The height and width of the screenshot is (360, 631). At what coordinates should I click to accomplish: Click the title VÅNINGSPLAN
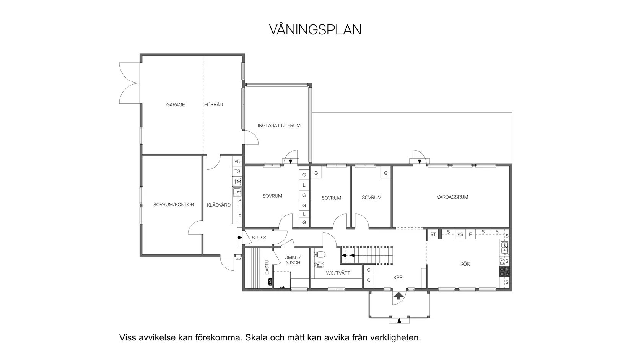(315, 30)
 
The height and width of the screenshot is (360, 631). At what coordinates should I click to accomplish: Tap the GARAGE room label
(176, 105)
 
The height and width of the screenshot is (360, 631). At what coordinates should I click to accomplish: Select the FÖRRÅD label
(213, 104)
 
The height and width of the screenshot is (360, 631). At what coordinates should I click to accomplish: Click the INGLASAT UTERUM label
(279, 125)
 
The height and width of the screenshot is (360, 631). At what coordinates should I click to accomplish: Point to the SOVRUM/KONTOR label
(174, 205)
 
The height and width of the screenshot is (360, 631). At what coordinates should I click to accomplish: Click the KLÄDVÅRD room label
(219, 205)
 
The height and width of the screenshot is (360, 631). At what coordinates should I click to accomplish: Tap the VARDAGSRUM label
(452, 197)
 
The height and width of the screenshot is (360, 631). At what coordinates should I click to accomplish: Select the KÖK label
(465, 264)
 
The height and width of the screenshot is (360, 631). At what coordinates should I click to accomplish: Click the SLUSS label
(259, 238)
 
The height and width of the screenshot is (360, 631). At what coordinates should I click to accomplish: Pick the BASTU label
(267, 267)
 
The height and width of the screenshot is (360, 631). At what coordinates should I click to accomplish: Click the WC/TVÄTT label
(338, 273)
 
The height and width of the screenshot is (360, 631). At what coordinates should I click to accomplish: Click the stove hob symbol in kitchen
(504, 272)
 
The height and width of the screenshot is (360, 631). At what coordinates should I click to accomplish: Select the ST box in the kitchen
(433, 234)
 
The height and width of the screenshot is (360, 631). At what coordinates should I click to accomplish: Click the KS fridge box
(460, 234)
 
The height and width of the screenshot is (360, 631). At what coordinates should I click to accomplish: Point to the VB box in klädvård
(237, 161)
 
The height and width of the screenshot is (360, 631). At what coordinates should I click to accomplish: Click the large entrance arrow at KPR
(398, 295)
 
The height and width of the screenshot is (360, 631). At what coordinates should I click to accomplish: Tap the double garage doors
(129, 83)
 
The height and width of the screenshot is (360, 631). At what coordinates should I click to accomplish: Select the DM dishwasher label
(502, 261)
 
